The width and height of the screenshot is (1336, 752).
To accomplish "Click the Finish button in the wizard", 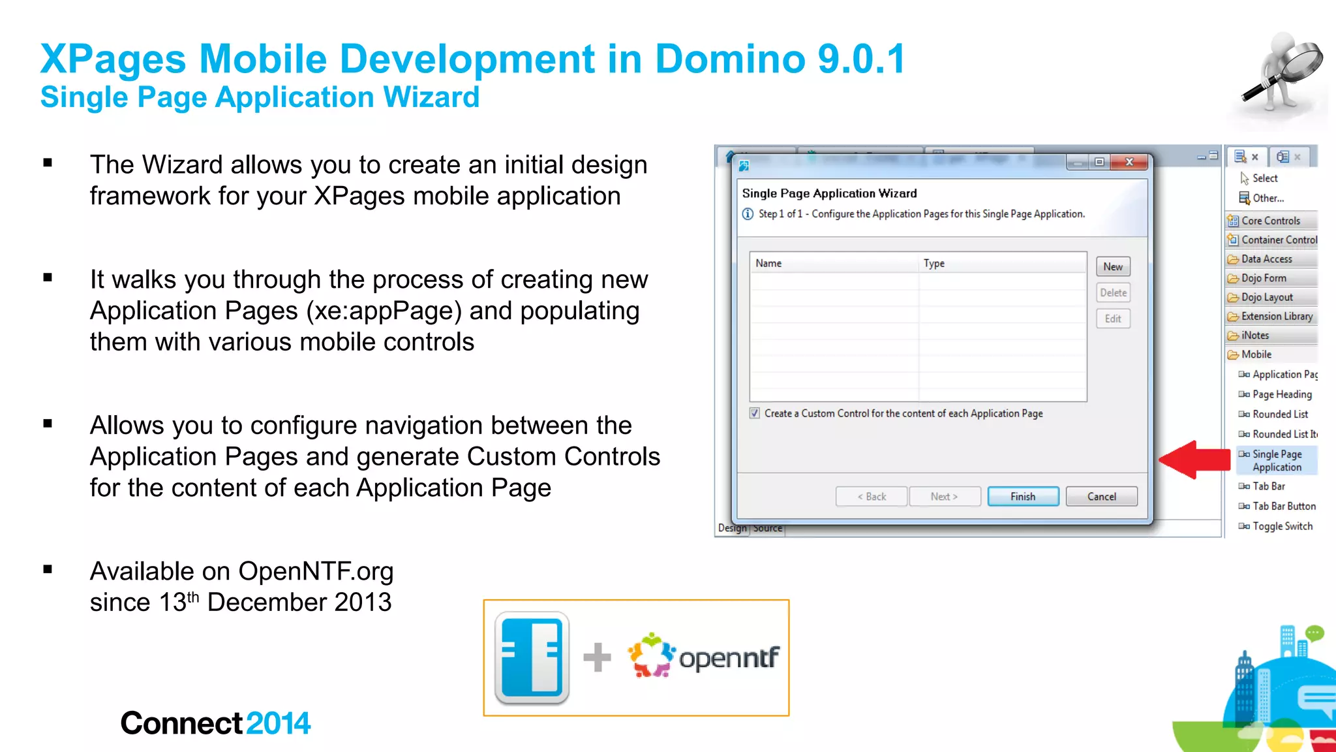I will (1022, 496).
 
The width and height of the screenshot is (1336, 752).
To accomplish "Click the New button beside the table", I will (1112, 266).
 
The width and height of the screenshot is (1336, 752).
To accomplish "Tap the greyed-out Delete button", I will (1112, 292).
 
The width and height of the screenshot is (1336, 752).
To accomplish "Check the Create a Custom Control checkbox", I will (755, 413).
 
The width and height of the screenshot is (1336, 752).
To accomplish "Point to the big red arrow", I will (1194, 460).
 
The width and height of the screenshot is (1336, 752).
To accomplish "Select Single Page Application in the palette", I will (1277, 460).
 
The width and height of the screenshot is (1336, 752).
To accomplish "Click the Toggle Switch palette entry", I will (1282, 525).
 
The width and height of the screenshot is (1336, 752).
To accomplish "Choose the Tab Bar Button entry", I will (1283, 506).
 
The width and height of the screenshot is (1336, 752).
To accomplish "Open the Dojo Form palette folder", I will (1263, 278).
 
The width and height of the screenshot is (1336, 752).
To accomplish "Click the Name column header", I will (768, 263).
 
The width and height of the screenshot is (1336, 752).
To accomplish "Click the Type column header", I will (934, 263).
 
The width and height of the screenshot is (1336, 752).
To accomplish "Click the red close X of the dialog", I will (1129, 161).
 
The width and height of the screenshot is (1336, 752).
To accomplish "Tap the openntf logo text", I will (729, 657).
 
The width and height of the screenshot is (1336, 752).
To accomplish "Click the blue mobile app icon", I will (532, 657).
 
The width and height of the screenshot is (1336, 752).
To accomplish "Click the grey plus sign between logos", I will (597, 657).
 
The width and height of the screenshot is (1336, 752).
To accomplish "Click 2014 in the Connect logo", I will (278, 723).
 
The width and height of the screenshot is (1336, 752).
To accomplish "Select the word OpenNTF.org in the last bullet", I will (316, 571).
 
